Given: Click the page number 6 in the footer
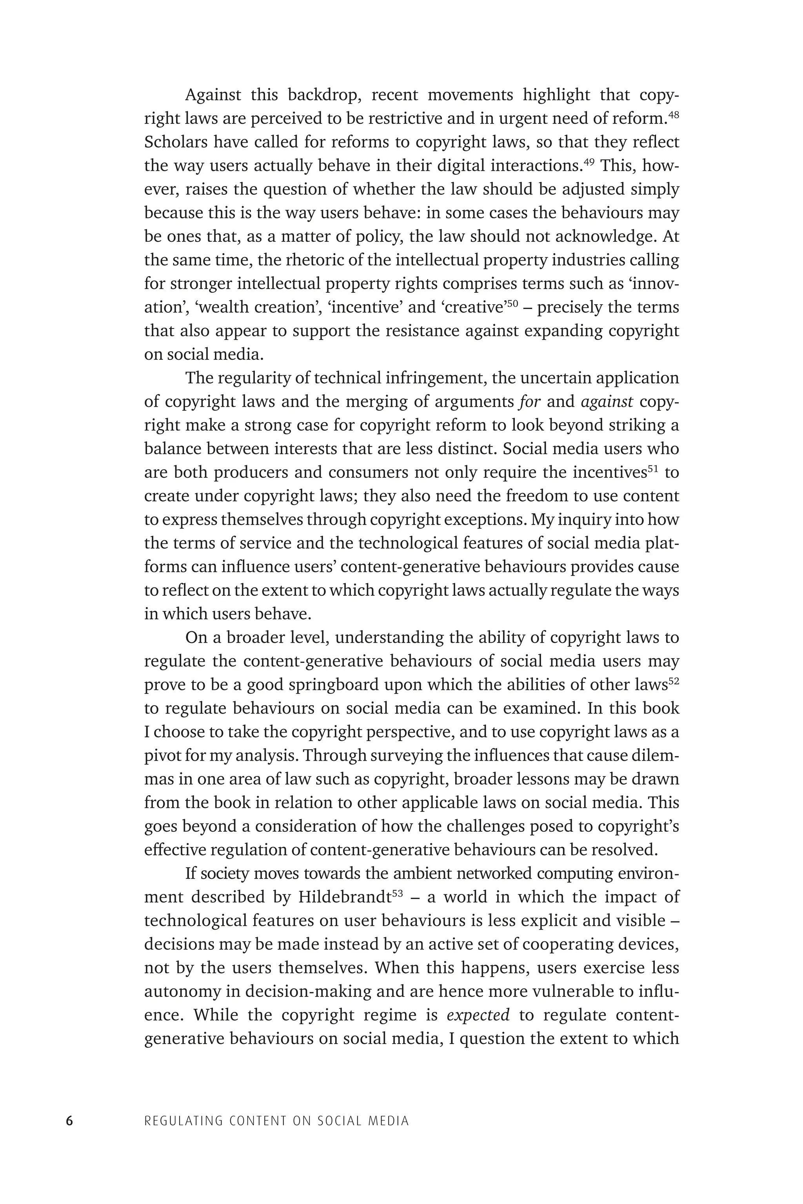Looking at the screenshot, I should pos(70,1121).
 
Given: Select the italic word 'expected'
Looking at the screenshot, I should pos(478,1015).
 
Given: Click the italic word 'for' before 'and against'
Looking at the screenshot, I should pos(530,401).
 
